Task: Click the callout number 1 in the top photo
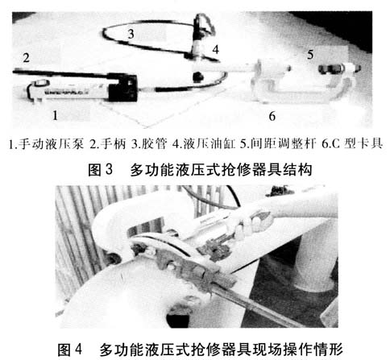click(56, 115)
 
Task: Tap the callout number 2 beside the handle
click(26, 58)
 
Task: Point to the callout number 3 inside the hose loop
click(131, 34)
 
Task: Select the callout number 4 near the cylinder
click(215, 50)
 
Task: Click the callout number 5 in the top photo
click(310, 55)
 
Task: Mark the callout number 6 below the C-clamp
click(272, 116)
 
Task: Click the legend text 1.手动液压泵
click(46, 144)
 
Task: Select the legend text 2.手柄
click(107, 144)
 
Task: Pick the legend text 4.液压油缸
click(204, 144)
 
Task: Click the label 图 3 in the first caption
click(100, 170)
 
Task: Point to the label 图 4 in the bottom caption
click(69, 350)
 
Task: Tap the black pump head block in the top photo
click(122, 88)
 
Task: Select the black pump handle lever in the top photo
click(63, 73)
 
